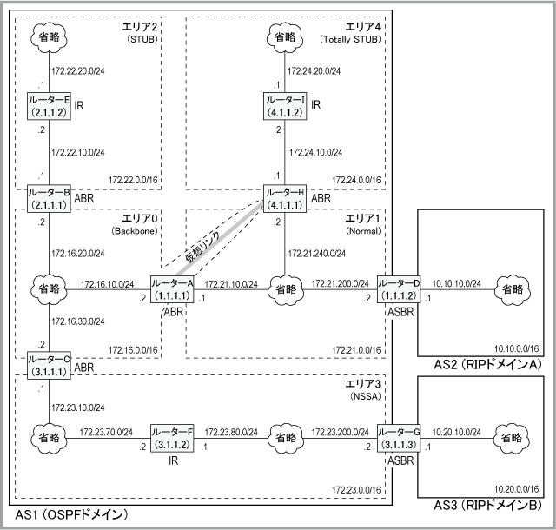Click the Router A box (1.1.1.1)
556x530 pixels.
(172, 289)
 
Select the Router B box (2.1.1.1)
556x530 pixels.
(49, 199)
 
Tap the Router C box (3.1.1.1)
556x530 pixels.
(49, 366)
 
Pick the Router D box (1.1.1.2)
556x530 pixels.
(398, 289)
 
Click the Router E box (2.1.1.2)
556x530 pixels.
(49, 106)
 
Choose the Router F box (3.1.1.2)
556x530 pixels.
(172, 438)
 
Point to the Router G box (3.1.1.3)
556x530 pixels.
(398, 438)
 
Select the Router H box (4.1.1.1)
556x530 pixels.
(285, 199)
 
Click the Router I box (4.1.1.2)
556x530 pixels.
(285, 106)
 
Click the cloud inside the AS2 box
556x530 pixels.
(513, 289)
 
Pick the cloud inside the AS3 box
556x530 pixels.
(512, 438)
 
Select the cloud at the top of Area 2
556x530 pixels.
(49, 37)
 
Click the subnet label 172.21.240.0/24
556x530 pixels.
(316, 254)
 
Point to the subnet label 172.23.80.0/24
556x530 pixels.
(231, 432)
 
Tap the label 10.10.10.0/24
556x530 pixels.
(456, 283)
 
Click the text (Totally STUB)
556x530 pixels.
(350, 39)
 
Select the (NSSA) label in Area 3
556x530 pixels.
(365, 396)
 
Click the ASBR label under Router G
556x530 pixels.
(400, 460)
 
